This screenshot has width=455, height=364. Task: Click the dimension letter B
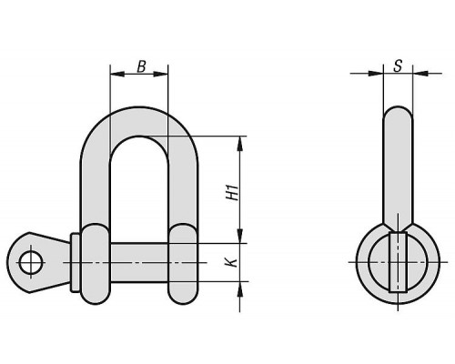(x=141, y=66)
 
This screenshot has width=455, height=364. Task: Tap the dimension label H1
(x=234, y=192)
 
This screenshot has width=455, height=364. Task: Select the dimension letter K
(x=232, y=262)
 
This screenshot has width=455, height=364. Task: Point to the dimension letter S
(x=398, y=66)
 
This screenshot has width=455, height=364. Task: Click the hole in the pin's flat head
(x=31, y=263)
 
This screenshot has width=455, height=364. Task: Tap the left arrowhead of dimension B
(x=117, y=74)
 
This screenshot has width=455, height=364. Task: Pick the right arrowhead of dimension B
(x=161, y=74)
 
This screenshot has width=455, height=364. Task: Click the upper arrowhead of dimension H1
(x=240, y=144)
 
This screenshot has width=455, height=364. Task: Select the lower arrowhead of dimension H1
(x=240, y=236)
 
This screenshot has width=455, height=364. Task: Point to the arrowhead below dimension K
(x=240, y=288)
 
